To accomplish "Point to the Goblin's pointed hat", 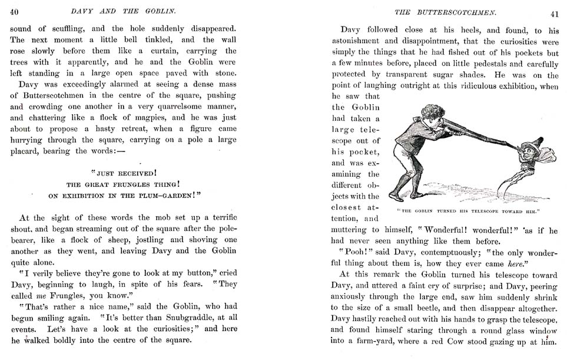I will (536, 142).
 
